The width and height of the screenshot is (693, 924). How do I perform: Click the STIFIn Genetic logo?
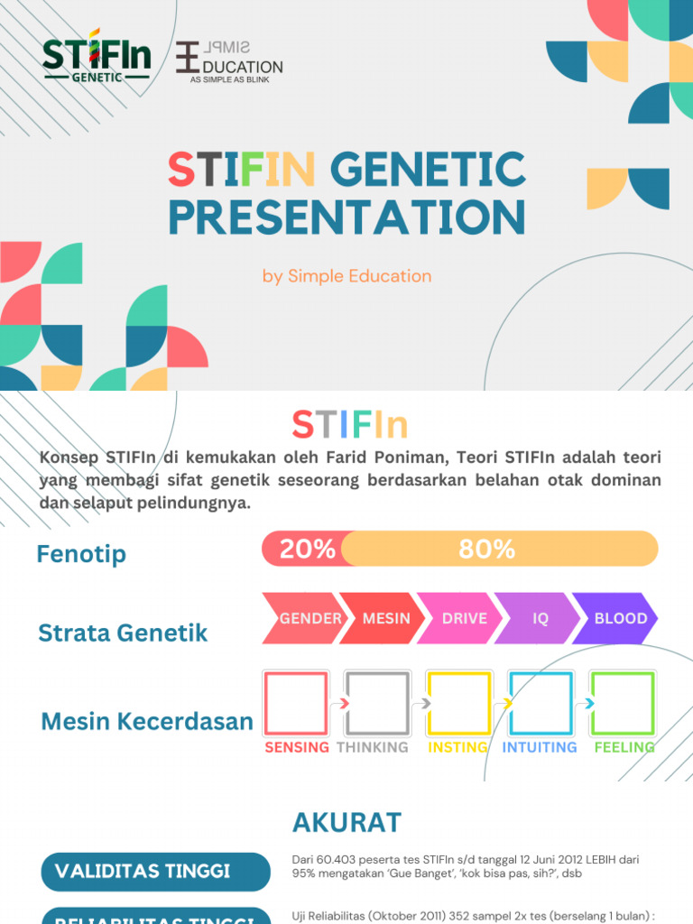pos(96,60)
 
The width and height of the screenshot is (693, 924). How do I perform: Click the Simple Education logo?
pos(229,61)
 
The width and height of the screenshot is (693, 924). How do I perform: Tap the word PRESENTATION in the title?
pos(346,217)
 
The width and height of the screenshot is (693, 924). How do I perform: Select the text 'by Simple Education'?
pos(346,276)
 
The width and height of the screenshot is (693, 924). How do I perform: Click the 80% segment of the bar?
pos(498,549)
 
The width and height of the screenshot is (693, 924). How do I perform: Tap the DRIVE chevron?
pos(464,619)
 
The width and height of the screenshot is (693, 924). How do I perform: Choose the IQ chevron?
pos(540,619)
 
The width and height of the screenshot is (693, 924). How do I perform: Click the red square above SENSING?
pos(295,703)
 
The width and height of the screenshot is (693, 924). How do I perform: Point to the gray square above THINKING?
pos(377,703)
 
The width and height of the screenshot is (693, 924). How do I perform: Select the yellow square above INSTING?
pos(458,703)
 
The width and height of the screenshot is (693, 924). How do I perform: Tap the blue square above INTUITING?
pos(540,703)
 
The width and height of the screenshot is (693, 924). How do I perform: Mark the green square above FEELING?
pos(622,703)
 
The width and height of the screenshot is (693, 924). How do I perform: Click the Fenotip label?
pos(81,554)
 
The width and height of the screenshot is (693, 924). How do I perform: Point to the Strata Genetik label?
pos(123,633)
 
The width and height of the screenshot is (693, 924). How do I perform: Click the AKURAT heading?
pos(346,823)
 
